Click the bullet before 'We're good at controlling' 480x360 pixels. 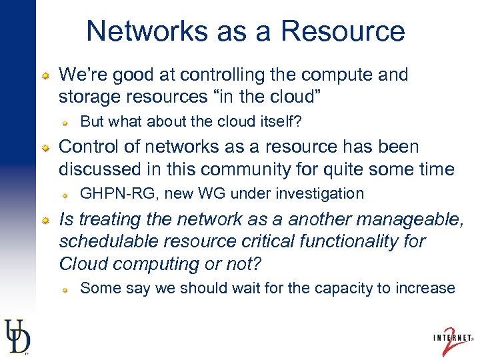45,75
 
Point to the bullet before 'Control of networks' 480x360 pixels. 45,147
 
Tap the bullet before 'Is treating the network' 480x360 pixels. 45,219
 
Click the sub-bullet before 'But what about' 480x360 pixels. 66,122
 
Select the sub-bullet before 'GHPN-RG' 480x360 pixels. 66,194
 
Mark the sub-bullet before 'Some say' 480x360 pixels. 66,289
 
